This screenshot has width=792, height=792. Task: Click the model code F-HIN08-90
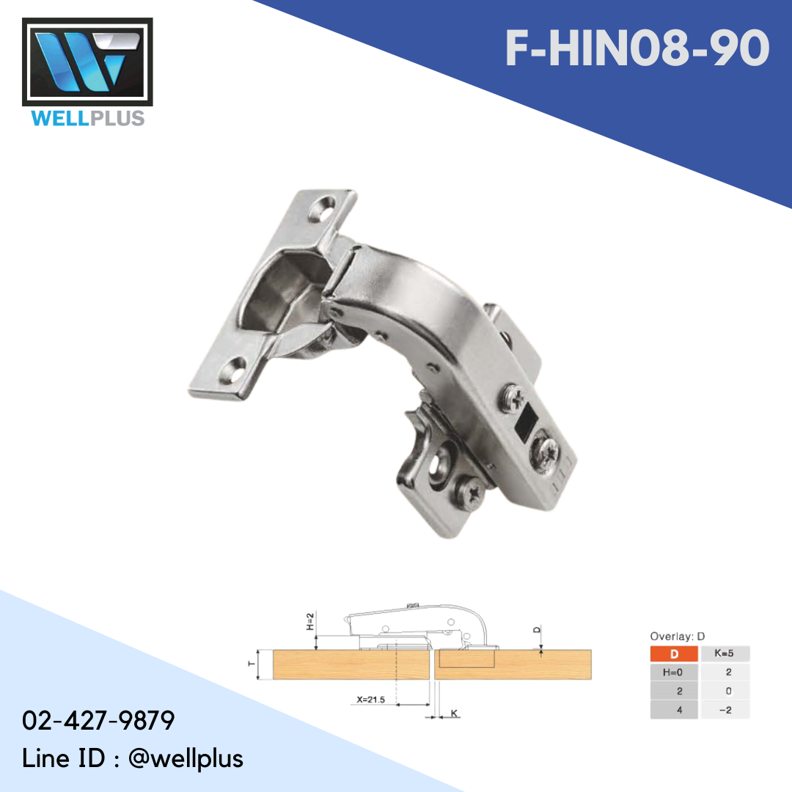click(637, 49)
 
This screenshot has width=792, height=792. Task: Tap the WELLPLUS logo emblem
click(88, 62)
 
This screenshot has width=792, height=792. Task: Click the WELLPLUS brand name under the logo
click(88, 117)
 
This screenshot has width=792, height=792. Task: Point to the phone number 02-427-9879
click(98, 720)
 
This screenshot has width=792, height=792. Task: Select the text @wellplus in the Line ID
click(186, 758)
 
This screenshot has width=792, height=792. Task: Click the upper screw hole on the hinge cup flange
click(320, 209)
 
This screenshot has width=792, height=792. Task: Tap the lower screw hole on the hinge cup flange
click(237, 366)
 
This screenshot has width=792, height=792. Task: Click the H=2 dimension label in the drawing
click(310, 623)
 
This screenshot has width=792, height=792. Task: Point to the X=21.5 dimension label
click(372, 700)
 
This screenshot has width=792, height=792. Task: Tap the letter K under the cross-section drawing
click(455, 713)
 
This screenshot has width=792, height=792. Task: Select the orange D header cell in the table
click(674, 653)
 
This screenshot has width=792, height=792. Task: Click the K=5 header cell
click(725, 653)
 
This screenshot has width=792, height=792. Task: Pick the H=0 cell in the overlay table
click(674, 672)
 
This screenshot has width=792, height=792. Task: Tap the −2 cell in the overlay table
click(725, 710)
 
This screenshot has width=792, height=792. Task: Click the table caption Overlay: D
click(677, 637)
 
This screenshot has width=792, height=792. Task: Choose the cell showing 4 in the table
click(674, 710)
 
